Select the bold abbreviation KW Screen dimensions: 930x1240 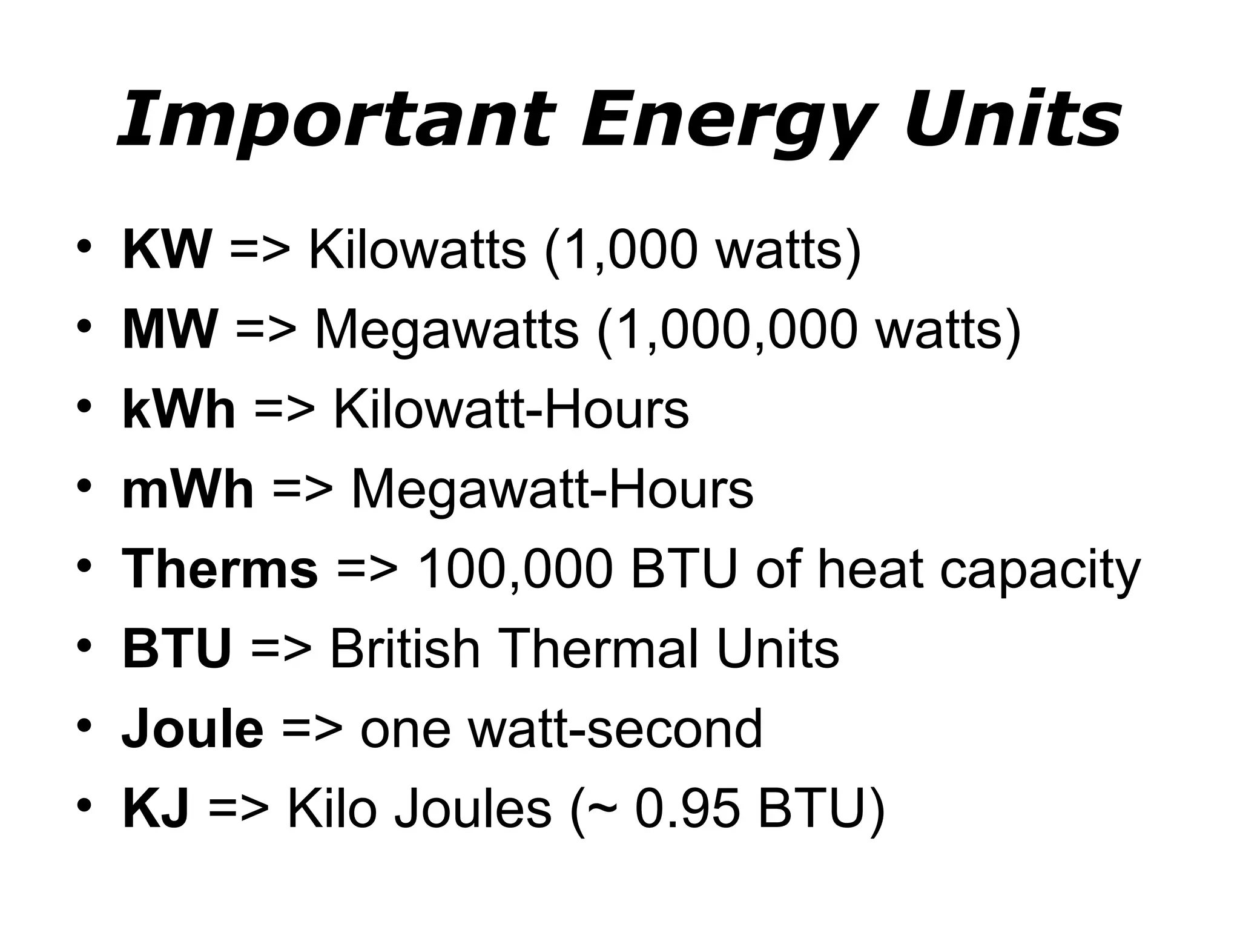tap(167, 249)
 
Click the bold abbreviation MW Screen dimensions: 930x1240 tap(170, 329)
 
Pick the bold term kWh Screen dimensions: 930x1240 tap(179, 409)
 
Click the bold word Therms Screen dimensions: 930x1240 tap(220, 569)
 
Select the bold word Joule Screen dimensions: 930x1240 tap(193, 728)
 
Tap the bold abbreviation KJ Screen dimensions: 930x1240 tap(156, 808)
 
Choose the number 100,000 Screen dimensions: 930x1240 tap(515, 569)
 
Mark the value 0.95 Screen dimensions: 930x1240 tap(688, 808)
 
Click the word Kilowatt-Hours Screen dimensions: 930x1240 tap(511, 409)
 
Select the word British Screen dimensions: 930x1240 tap(405, 648)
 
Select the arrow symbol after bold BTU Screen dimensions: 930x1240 tap(281, 650)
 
